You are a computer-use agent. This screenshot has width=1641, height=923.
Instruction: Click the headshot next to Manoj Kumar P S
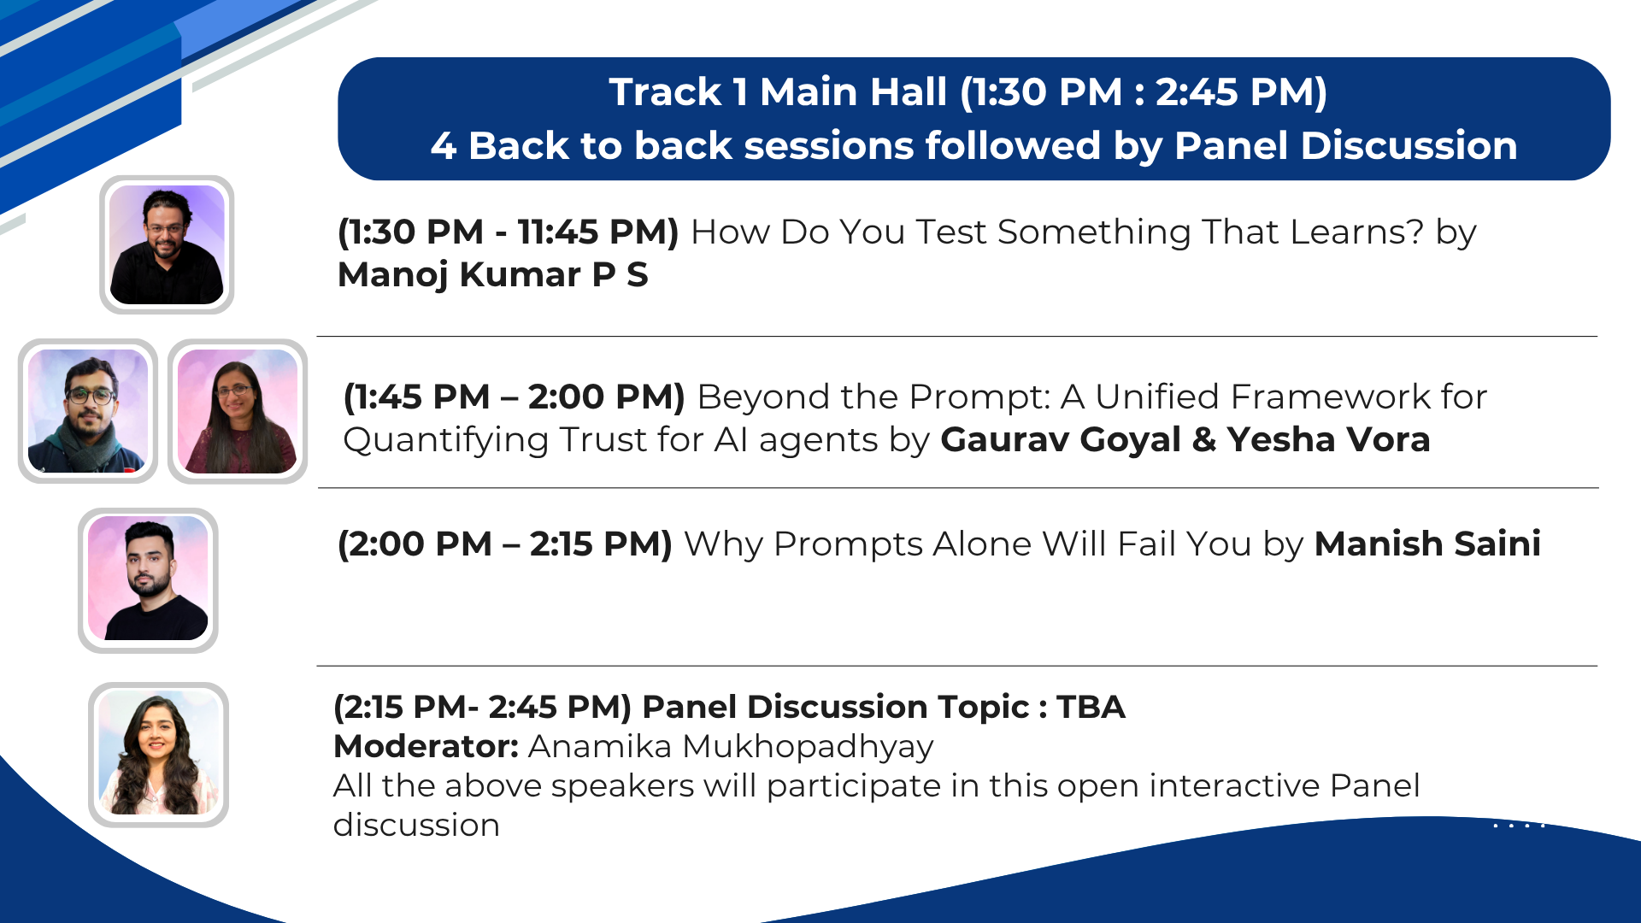click(167, 244)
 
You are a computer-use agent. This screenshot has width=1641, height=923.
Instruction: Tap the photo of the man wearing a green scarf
click(88, 411)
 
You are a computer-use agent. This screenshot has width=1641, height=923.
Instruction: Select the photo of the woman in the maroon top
click(238, 411)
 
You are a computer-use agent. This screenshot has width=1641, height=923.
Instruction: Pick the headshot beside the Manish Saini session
click(148, 579)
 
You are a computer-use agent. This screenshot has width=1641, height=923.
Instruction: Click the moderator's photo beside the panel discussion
click(158, 755)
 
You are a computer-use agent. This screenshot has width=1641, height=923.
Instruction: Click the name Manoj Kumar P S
click(493, 275)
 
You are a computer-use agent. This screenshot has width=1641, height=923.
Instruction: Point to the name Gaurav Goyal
click(1061, 439)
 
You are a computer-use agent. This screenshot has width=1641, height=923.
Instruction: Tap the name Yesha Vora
click(1329, 439)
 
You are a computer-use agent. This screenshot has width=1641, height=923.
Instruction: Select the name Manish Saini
click(1427, 544)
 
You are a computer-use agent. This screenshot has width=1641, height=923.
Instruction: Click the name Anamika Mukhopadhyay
click(731, 747)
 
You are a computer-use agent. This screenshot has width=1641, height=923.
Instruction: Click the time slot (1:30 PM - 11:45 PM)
click(509, 232)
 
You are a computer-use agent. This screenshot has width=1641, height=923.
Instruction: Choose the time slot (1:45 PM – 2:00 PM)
click(515, 397)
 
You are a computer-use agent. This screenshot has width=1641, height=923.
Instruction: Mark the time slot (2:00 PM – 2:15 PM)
click(505, 544)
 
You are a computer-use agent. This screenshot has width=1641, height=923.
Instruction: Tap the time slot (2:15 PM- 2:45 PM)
click(482, 708)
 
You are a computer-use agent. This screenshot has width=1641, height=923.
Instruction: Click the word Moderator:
click(426, 747)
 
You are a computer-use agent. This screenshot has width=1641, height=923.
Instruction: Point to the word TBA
click(1091, 708)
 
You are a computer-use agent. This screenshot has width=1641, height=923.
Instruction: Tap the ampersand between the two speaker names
click(1204, 440)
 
